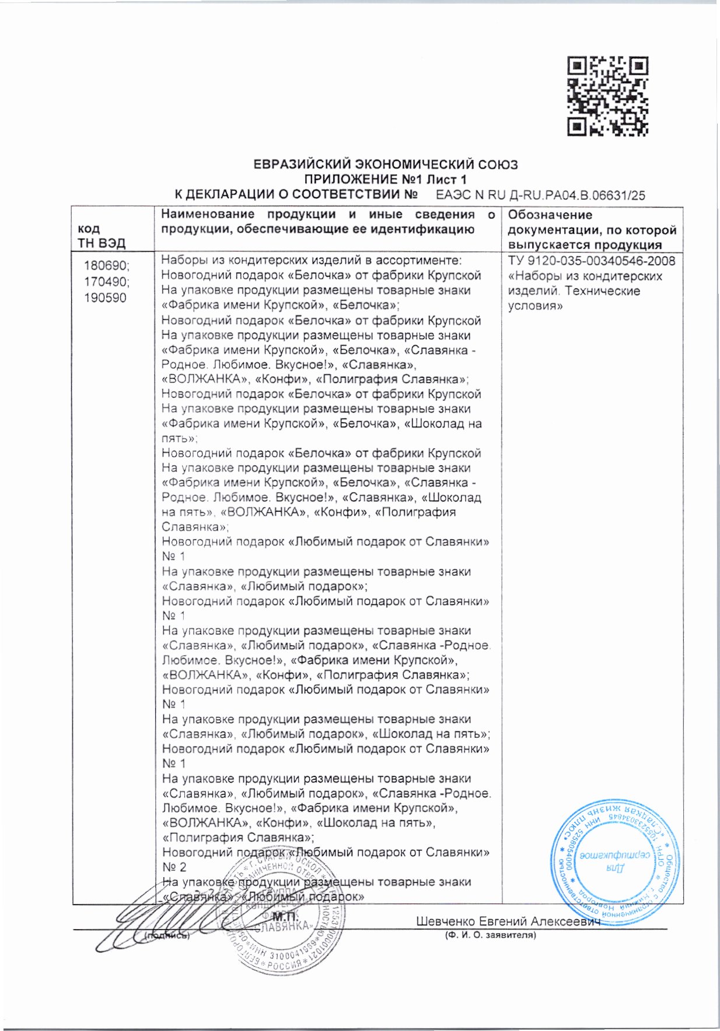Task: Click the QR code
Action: click(608, 97)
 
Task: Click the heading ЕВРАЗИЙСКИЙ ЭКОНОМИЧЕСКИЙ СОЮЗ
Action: click(386, 165)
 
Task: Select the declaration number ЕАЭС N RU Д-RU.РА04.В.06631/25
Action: click(540, 196)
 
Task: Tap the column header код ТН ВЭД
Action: click(102, 235)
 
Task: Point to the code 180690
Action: click(107, 266)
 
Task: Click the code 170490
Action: click(107, 282)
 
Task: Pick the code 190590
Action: click(105, 298)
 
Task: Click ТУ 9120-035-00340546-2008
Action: click(592, 261)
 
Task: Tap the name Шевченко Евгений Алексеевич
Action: click(508, 921)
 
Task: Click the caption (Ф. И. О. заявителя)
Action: click(490, 935)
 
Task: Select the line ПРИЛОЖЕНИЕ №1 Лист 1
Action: click(386, 180)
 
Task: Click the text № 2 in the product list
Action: click(174, 867)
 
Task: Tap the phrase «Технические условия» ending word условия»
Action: click(536, 305)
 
